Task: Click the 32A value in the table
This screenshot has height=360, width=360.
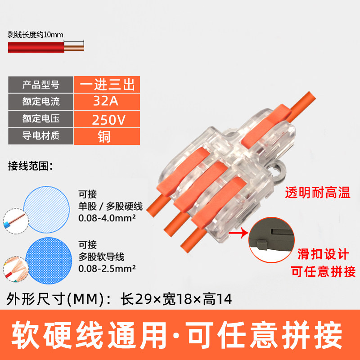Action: coord(106,101)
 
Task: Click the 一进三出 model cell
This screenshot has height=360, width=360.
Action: coord(107,85)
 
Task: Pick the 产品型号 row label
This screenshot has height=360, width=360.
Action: coord(41,85)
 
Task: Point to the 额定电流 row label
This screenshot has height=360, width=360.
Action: coord(41,102)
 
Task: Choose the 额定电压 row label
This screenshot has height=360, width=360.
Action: coord(41,119)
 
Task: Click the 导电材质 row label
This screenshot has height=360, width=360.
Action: coord(41,136)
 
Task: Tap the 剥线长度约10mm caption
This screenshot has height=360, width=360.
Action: coord(36,35)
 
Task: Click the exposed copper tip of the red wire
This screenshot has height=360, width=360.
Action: coord(74,48)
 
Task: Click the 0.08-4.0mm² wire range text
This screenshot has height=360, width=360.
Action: coord(107,218)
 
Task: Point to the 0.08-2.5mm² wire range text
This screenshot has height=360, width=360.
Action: coord(107,268)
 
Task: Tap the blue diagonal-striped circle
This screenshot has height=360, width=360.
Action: coord(47,209)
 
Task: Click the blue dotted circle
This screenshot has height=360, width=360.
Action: coord(49,261)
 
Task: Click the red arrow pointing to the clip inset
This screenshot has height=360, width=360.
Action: coord(238,234)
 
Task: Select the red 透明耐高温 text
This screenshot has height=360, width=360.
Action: coord(318,193)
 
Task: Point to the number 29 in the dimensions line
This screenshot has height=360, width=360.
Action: coord(144,299)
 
